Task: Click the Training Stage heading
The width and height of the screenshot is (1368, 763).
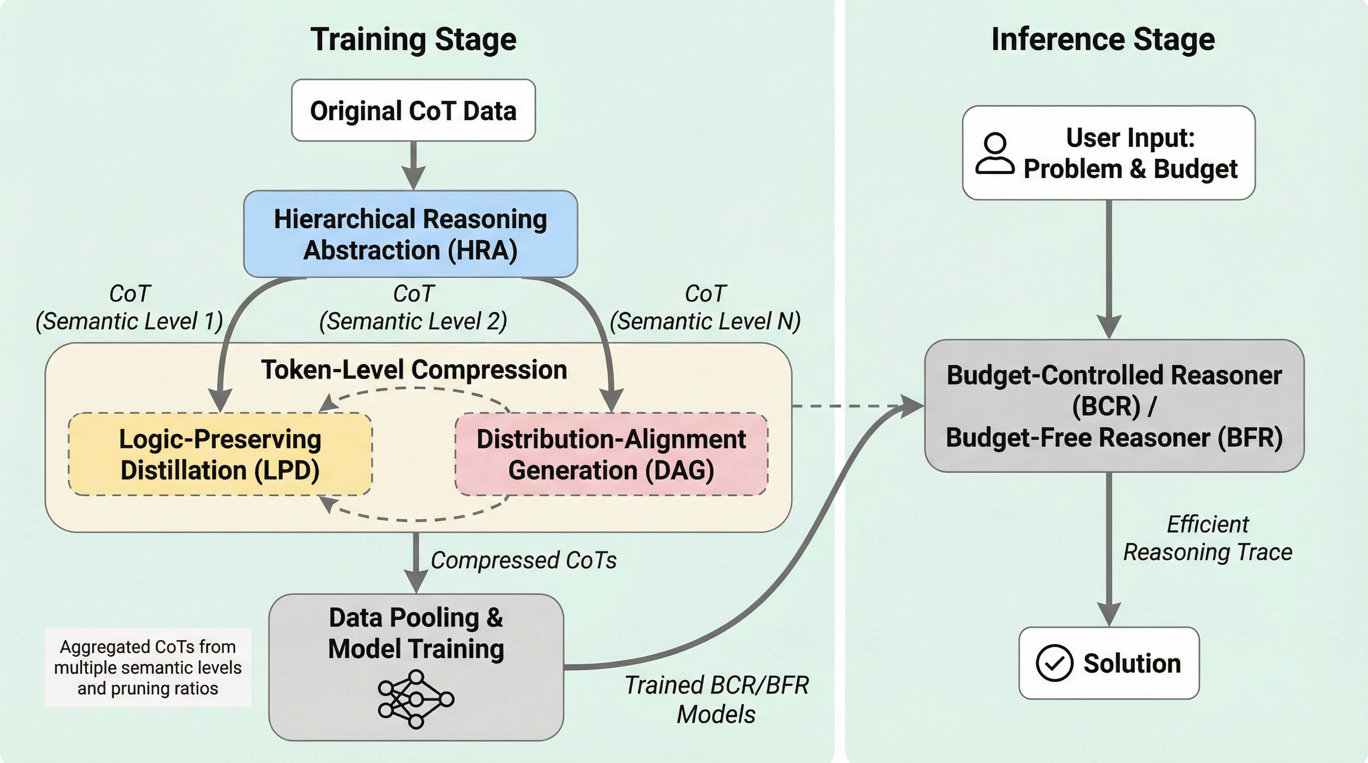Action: (x=413, y=40)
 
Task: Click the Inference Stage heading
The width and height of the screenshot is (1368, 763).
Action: (x=1103, y=40)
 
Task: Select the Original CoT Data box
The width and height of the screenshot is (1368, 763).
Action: (x=413, y=110)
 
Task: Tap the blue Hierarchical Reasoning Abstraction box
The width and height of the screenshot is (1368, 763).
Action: (x=411, y=234)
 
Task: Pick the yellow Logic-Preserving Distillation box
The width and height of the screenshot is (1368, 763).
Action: (x=220, y=454)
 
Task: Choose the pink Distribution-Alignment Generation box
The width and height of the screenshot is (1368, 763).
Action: (x=611, y=454)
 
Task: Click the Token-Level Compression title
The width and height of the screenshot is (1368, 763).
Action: (x=414, y=370)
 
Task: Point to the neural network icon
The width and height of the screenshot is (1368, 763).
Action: (x=416, y=698)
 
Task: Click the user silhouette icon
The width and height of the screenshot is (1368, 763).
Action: (x=995, y=153)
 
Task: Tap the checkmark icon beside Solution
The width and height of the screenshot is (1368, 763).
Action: (x=1054, y=663)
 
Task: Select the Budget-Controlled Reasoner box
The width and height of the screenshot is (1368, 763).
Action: (x=1114, y=406)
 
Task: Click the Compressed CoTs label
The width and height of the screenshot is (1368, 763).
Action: (x=523, y=560)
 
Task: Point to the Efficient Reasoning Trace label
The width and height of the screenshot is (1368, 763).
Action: (x=1207, y=538)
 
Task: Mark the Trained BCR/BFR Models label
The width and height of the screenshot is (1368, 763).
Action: (x=716, y=699)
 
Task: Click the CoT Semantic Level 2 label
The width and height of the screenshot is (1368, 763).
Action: (x=413, y=308)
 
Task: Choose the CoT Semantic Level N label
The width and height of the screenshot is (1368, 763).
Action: (x=705, y=308)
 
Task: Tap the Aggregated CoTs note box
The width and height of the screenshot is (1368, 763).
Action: (x=148, y=668)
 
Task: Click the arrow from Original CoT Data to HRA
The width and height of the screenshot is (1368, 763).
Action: (x=413, y=164)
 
